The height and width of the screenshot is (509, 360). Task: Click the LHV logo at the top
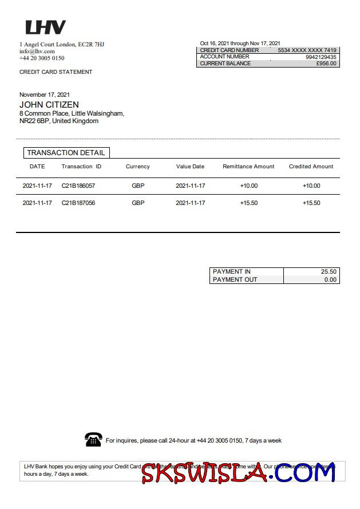tap(45, 27)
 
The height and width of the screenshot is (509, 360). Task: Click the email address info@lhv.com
tap(37, 51)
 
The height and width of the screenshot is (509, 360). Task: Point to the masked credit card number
tap(307, 50)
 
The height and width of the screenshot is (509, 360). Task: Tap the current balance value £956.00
tap(326, 64)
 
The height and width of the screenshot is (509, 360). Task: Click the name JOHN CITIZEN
tap(49, 105)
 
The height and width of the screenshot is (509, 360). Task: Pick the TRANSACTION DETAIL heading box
tap(66, 153)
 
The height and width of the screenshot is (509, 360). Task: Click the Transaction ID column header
tap(81, 167)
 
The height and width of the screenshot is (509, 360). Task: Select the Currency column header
tap(137, 167)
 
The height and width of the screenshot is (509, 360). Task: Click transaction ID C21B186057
tap(78, 186)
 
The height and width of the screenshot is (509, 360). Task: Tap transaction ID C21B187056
tap(78, 203)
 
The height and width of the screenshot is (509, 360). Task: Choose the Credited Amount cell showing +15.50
tap(311, 203)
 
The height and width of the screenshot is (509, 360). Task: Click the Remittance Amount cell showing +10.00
tap(249, 186)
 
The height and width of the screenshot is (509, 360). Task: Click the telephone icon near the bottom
tap(93, 440)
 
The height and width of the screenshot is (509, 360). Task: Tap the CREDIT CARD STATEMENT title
tap(56, 72)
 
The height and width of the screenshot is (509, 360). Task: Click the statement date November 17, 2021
tap(45, 94)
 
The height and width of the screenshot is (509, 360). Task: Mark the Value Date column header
tap(190, 167)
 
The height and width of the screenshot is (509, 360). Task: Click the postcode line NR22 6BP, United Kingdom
tap(59, 121)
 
